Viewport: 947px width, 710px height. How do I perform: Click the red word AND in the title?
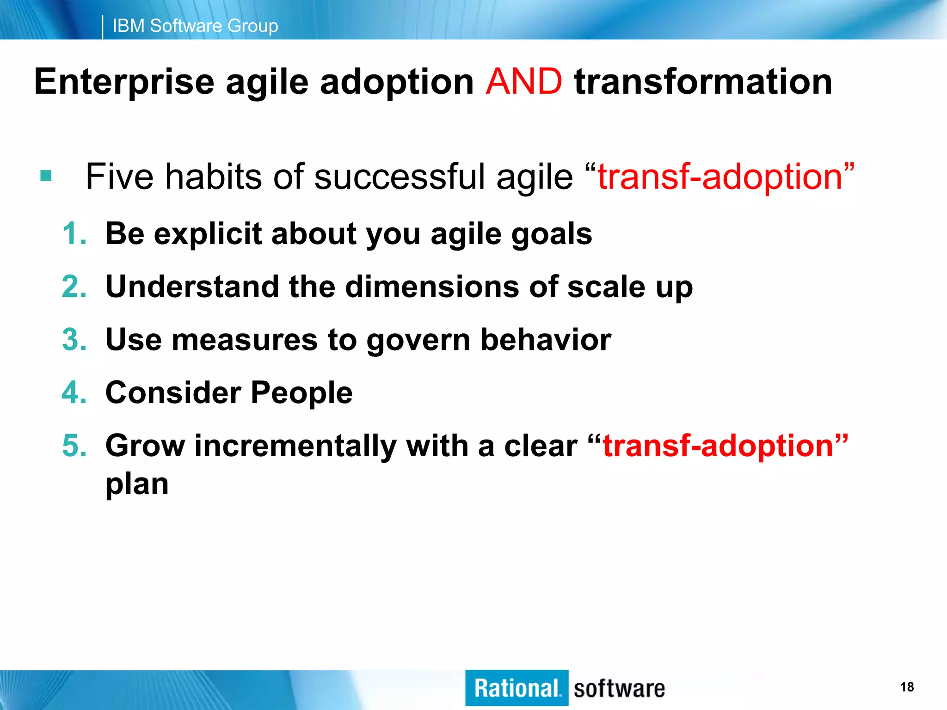(x=524, y=81)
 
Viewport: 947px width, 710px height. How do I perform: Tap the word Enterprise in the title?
(x=124, y=82)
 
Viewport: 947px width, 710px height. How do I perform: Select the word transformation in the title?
(x=703, y=81)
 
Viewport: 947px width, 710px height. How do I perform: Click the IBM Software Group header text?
(x=195, y=26)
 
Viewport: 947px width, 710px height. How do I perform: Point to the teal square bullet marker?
(x=46, y=176)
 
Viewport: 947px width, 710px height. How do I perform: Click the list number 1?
(x=74, y=233)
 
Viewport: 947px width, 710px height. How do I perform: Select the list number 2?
(x=74, y=287)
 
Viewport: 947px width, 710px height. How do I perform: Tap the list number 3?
(x=74, y=340)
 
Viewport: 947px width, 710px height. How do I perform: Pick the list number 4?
(x=74, y=393)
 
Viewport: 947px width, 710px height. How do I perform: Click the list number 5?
(x=74, y=446)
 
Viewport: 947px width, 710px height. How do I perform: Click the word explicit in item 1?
(x=208, y=234)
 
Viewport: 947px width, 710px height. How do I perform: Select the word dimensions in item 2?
(x=432, y=287)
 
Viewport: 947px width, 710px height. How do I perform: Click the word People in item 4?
(x=301, y=393)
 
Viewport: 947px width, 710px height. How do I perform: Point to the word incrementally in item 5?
(x=295, y=447)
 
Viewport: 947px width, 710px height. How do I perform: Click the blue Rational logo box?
(x=517, y=688)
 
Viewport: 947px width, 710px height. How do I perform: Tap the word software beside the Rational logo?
(x=619, y=689)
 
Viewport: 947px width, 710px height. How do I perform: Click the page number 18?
(x=907, y=687)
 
